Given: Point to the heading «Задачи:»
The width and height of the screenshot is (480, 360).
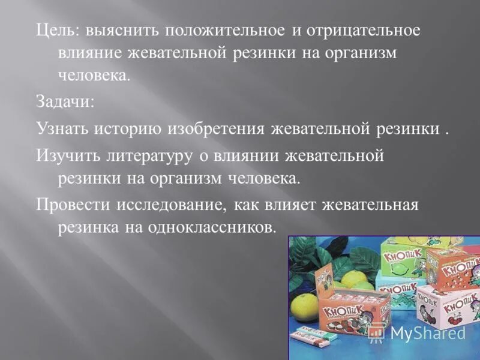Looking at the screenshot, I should tap(65, 101).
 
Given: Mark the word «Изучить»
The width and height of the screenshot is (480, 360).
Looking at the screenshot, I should tap(65, 156).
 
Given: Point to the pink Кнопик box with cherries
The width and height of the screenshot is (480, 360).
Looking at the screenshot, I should tap(444, 306).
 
